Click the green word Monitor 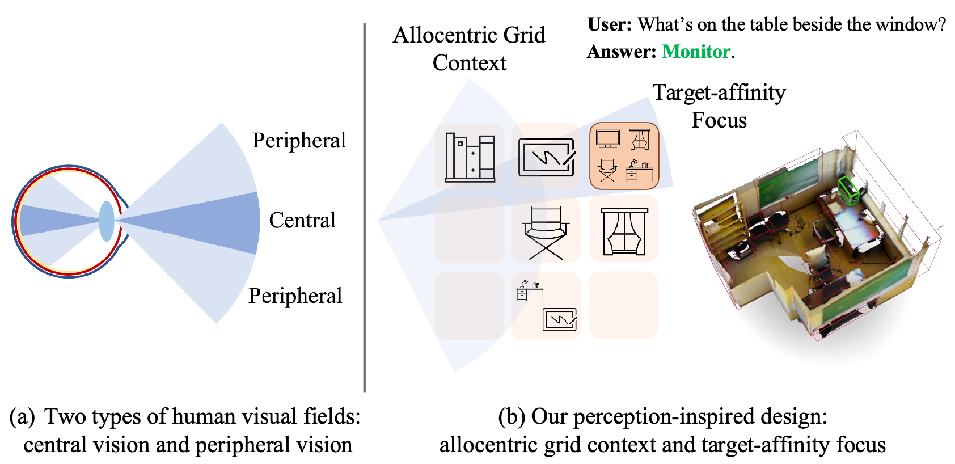[x=696, y=52]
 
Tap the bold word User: [x=610, y=24]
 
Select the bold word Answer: [x=622, y=52]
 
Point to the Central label [x=302, y=220]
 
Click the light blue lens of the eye [x=106, y=221]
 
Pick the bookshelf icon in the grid [x=470, y=157]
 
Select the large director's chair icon [x=546, y=233]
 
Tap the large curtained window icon [x=624, y=231]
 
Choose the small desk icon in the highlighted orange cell [x=640, y=171]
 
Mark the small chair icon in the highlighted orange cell [x=607, y=171]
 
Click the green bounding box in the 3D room [x=848, y=190]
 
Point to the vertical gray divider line [x=364, y=207]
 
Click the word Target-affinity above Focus [x=719, y=92]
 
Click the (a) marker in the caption [x=22, y=417]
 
